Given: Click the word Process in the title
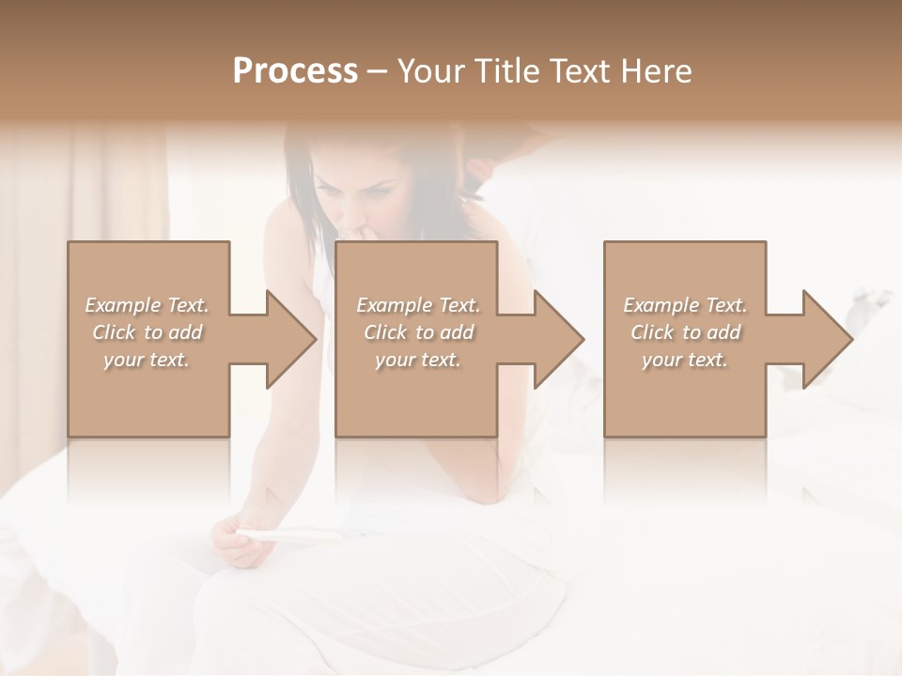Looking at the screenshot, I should (295, 71).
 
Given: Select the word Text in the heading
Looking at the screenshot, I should (582, 71).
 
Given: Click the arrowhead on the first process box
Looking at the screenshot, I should (288, 339).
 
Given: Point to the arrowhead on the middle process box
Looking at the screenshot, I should (555, 339).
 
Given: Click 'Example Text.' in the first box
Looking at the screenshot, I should (147, 305).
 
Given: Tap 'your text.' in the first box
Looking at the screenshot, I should (147, 360).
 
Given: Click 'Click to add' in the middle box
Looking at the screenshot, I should (418, 332).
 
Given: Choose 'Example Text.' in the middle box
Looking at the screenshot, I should (418, 305).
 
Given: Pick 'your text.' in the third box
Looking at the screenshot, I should (685, 360).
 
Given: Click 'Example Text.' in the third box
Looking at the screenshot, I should (685, 305).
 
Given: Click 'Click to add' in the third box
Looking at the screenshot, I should (685, 332).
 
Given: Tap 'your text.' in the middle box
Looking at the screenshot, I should (418, 360).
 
